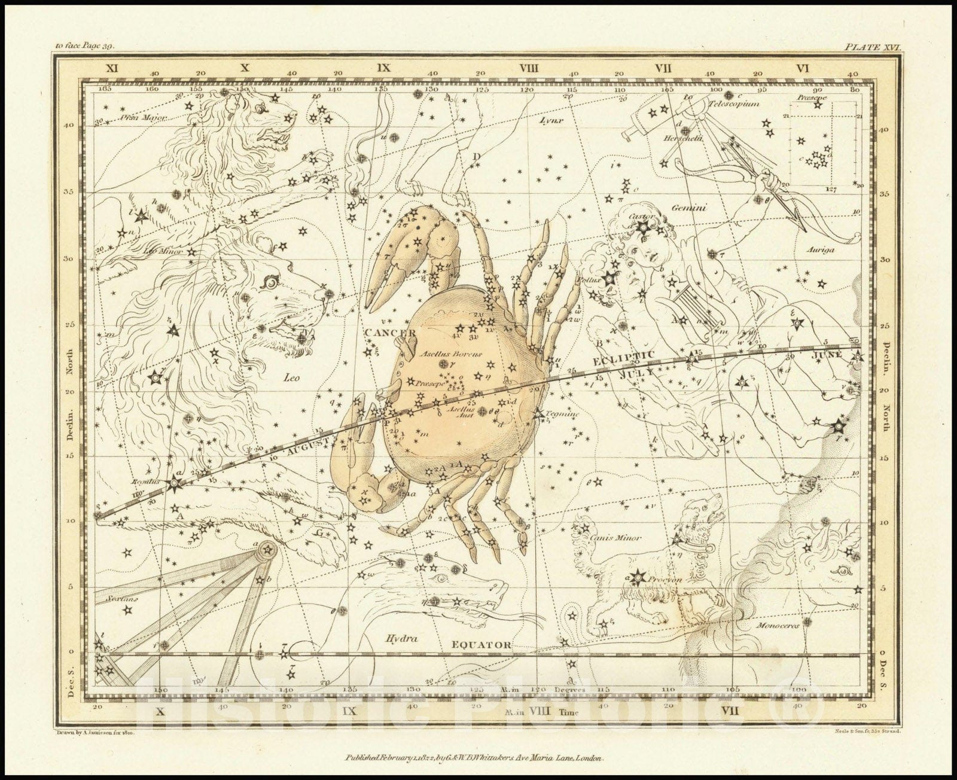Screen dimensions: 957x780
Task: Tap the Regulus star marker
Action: point(175,483)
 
